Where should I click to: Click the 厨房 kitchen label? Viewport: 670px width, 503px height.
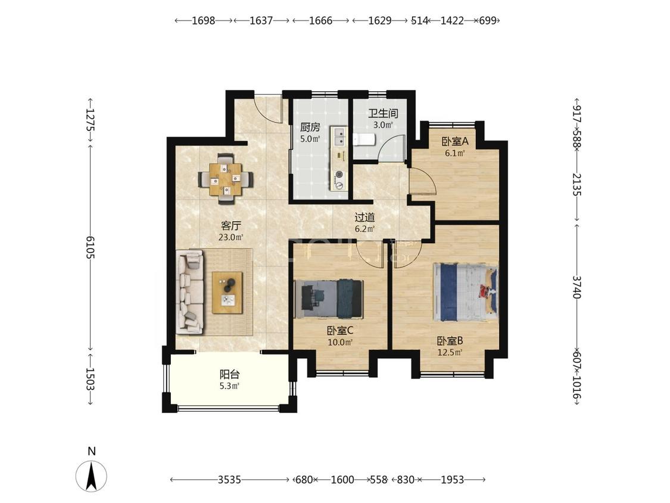point(310,128)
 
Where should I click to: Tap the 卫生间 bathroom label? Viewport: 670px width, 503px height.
point(384,113)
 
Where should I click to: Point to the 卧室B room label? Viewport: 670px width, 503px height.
point(450,341)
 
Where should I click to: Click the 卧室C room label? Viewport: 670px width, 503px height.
point(340,331)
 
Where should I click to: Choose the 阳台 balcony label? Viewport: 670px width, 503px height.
point(229,375)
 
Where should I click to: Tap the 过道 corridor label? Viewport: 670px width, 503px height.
point(364,218)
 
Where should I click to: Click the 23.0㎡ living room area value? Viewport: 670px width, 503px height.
point(230,237)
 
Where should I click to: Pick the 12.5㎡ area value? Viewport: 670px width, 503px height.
point(450,353)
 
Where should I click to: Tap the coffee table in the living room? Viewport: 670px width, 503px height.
point(228,293)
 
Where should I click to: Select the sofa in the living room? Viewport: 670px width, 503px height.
point(190,292)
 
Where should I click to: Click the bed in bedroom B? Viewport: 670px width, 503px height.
point(465,291)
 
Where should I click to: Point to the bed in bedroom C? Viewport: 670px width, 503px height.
point(329,299)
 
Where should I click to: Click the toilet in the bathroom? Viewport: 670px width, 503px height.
point(364,139)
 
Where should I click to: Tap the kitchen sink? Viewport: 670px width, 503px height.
point(340,136)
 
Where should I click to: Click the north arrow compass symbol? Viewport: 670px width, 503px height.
point(92,476)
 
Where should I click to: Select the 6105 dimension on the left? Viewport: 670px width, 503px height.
point(91,247)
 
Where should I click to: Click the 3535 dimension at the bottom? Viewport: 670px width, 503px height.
point(229,480)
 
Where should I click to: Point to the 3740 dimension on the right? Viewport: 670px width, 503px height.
point(577,287)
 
